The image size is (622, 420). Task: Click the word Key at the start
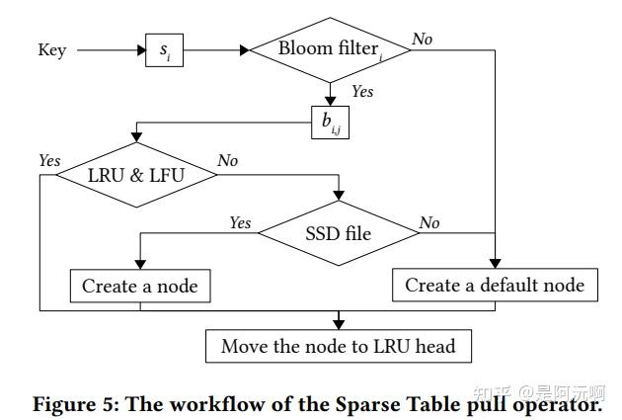coord(51,49)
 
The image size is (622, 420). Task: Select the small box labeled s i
coord(164,49)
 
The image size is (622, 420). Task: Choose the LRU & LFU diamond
coord(136,175)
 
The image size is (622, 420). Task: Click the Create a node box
coord(139,287)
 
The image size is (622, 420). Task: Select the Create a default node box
coord(495,286)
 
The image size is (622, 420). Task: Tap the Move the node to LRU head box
coord(338,346)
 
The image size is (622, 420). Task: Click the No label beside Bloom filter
coord(423,39)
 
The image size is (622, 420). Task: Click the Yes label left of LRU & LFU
coord(49,161)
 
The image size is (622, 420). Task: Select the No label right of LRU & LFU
coord(228,161)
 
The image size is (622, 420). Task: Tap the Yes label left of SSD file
coord(240,223)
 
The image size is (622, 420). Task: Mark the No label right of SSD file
coord(429,223)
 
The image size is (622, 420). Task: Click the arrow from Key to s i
coord(110,49)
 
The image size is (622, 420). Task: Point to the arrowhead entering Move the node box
coord(338,323)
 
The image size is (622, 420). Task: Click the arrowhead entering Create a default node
coord(495,264)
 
